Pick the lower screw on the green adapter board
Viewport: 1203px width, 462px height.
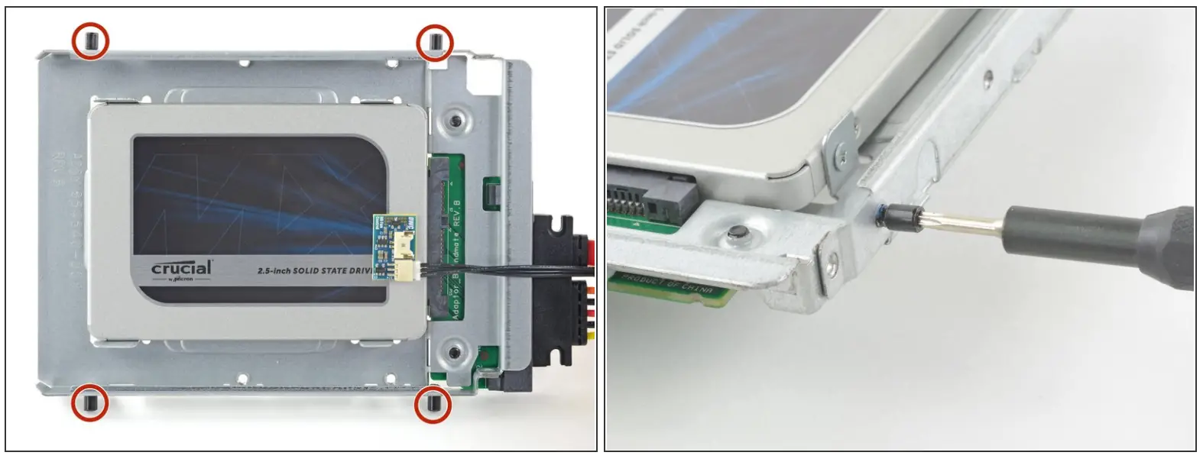click(x=455, y=352)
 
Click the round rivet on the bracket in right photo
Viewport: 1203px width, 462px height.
click(x=737, y=233)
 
